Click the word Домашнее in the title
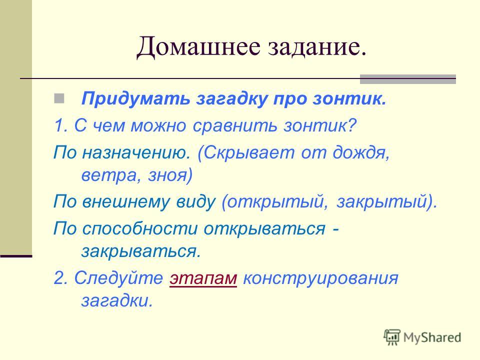pyautogui.click(x=198, y=47)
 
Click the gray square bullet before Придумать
pyautogui.click(x=59, y=98)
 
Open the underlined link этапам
pyautogui.click(x=203, y=278)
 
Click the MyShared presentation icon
pyautogui.click(x=392, y=337)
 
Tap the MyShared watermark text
pyautogui.click(x=432, y=337)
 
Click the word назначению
pyautogui.click(x=136, y=152)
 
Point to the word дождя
pyautogui.click(x=361, y=152)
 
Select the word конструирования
pyautogui.click(x=320, y=279)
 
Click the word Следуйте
pyautogui.click(x=119, y=278)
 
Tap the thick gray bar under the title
pyautogui.click(x=408, y=79)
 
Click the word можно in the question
pyautogui.click(x=158, y=126)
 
